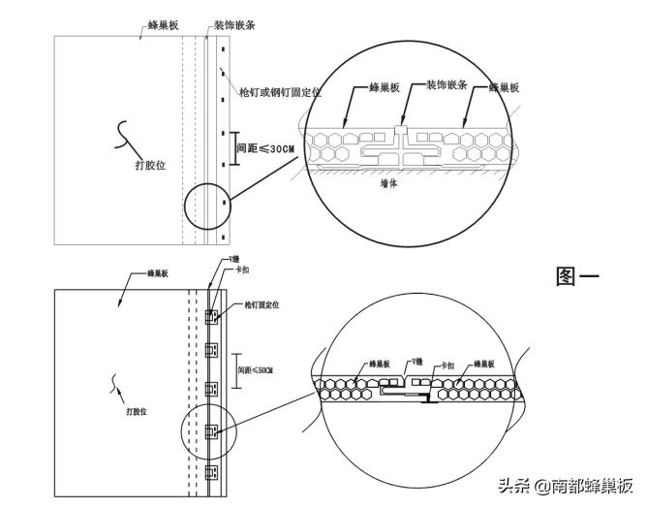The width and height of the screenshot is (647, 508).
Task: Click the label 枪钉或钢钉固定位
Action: click(281, 92)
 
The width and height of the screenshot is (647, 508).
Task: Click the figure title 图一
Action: click(577, 276)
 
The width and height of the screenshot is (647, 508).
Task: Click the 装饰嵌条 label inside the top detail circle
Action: click(447, 85)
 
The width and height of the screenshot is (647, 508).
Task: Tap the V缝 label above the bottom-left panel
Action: click(234, 260)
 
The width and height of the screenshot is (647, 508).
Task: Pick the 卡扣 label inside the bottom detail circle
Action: click(447, 365)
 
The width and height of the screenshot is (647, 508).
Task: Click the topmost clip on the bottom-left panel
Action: click(213, 316)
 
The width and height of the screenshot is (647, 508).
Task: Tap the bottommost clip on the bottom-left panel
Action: click(213, 473)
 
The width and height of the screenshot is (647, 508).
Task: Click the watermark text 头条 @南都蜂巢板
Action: click(566, 485)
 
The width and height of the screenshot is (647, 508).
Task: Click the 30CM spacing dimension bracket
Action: click(230, 149)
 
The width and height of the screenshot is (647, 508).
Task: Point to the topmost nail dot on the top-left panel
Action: click(223, 48)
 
